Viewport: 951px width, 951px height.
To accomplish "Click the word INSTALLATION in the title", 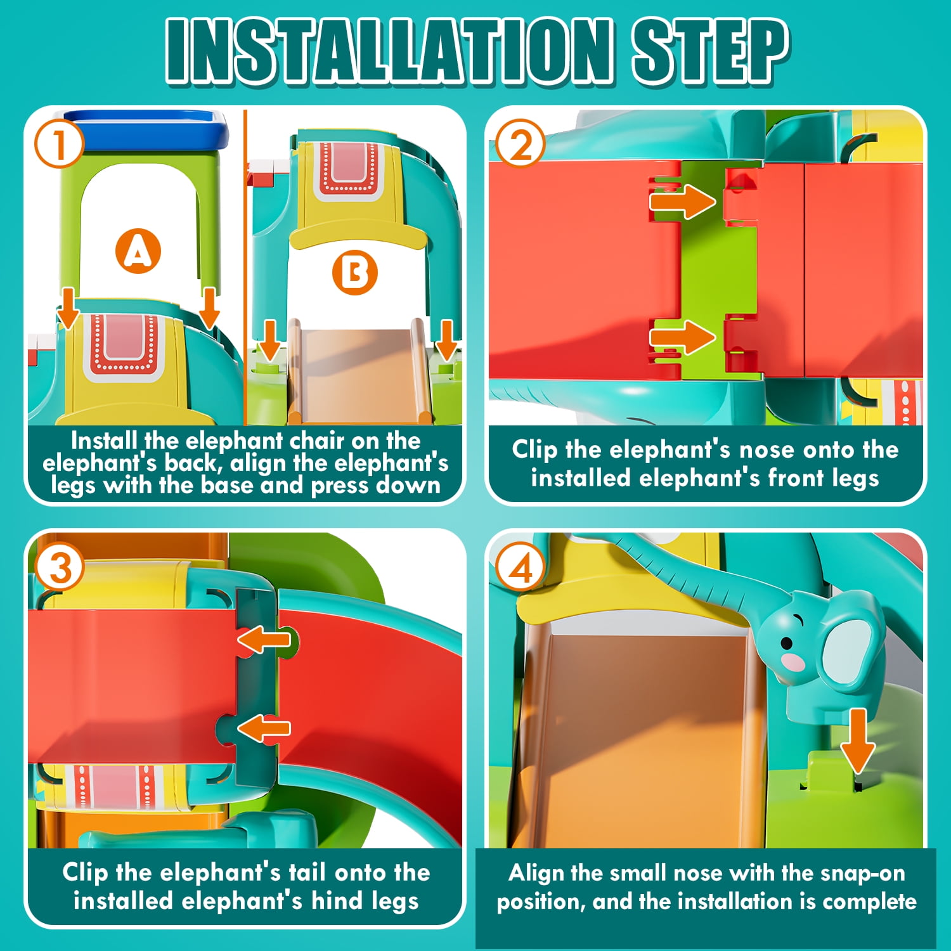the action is [x=389, y=50].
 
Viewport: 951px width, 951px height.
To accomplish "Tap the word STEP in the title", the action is [x=709, y=50].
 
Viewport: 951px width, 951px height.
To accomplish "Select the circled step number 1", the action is [x=59, y=143].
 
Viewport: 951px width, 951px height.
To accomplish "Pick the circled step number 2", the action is [x=521, y=143].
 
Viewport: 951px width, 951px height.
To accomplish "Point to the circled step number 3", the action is [x=60, y=567].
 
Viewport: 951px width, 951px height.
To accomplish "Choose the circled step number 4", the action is [x=521, y=567].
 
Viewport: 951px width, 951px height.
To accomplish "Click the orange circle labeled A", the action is [x=138, y=251].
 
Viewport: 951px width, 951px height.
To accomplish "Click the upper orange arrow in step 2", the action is [x=682, y=201].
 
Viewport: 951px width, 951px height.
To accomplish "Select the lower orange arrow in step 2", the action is [x=682, y=337].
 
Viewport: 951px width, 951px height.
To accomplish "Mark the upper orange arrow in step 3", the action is [x=264, y=640].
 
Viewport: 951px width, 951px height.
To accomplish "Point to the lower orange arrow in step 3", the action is [x=264, y=728].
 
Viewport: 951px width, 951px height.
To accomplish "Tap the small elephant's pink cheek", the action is [x=793, y=662].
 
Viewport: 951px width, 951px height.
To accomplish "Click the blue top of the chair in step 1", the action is [x=145, y=127].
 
